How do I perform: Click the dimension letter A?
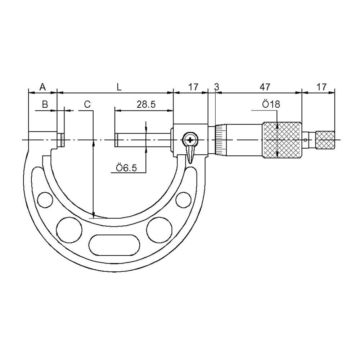42,87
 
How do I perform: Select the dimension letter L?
119,87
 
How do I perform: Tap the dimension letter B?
45,104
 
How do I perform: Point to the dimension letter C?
87,104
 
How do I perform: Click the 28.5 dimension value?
146,104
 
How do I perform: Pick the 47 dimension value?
265,87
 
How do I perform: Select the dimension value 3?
216,87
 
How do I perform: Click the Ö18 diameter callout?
271,104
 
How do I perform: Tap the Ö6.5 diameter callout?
126,168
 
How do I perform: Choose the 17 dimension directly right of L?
193,87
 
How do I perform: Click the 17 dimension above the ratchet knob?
321,87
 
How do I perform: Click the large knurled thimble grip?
282,140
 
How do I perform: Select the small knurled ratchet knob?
325,140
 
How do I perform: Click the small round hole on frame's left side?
44,199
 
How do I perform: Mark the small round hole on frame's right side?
183,199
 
